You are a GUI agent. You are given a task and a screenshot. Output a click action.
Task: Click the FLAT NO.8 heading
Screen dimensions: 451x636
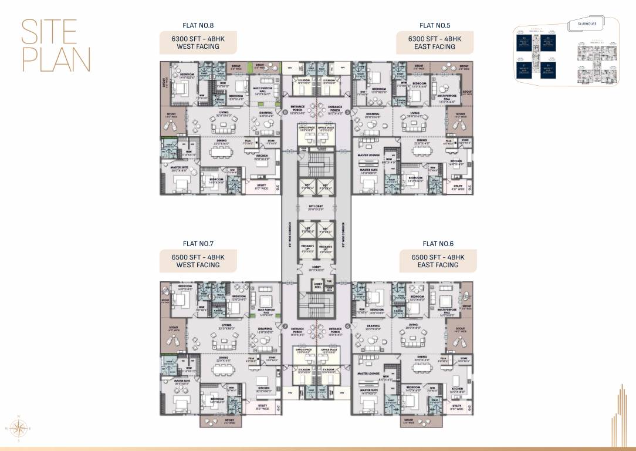click(199, 25)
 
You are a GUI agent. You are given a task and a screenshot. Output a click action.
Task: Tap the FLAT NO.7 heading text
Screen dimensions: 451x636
click(198, 243)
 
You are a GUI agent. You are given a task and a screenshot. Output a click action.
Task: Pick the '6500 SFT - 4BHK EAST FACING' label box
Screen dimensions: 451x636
click(438, 261)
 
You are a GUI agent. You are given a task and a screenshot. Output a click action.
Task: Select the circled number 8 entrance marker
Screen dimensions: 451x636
click(286, 112)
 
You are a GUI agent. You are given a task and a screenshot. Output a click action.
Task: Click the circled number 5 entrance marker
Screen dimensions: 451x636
click(347, 112)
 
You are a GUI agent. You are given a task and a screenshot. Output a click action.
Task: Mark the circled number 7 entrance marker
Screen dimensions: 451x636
click(286, 326)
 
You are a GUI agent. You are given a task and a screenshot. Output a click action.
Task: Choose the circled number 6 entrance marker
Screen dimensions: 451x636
click(347, 326)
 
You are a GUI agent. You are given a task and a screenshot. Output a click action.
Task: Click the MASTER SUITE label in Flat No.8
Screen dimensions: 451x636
click(179, 167)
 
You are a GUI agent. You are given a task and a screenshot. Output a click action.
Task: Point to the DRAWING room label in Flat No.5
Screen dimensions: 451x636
click(373, 115)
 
